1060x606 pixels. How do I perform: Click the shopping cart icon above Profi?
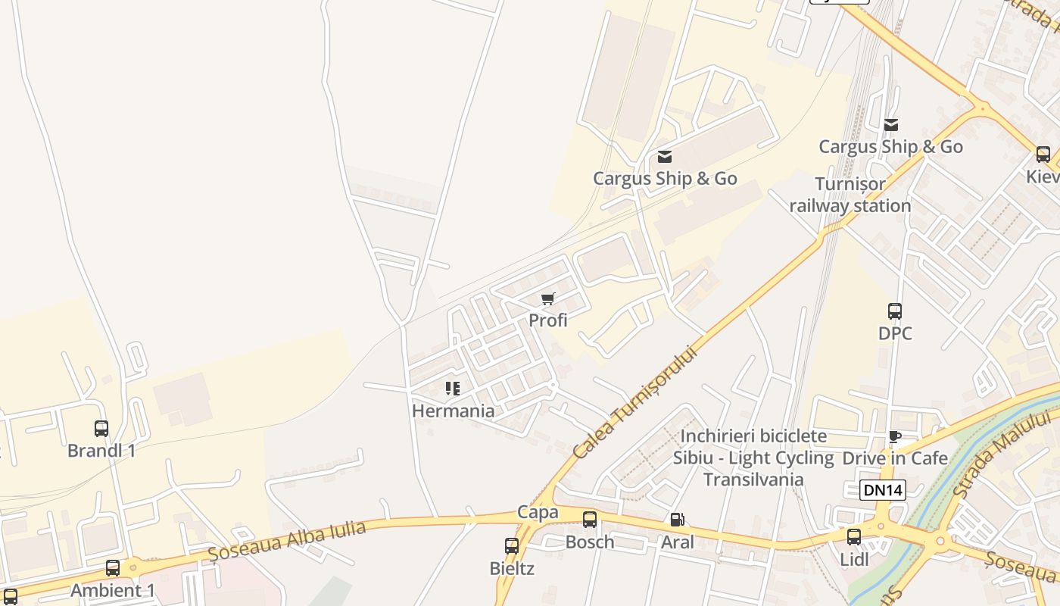coord(548,298)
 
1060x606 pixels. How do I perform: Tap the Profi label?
coord(548,320)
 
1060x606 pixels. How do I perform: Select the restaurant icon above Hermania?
coord(453,389)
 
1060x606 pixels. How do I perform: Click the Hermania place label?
coord(453,411)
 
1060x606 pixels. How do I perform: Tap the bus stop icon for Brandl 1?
coord(101,429)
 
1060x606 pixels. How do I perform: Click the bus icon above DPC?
coord(895,311)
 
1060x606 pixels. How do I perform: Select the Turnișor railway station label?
coord(850,195)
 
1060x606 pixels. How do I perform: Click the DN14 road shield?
coord(884,490)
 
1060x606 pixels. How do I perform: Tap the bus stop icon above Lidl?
coord(854,537)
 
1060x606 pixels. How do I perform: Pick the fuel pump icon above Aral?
coord(677,520)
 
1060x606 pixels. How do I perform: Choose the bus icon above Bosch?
coord(590,520)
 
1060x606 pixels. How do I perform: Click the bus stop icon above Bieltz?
coord(512,545)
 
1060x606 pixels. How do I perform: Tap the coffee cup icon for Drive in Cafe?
coord(895,436)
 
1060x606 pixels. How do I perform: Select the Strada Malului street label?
coord(1004,453)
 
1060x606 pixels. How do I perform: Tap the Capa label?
coord(538,513)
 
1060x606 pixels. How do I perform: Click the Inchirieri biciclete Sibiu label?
coord(753,447)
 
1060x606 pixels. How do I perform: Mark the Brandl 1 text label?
coord(101,451)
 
